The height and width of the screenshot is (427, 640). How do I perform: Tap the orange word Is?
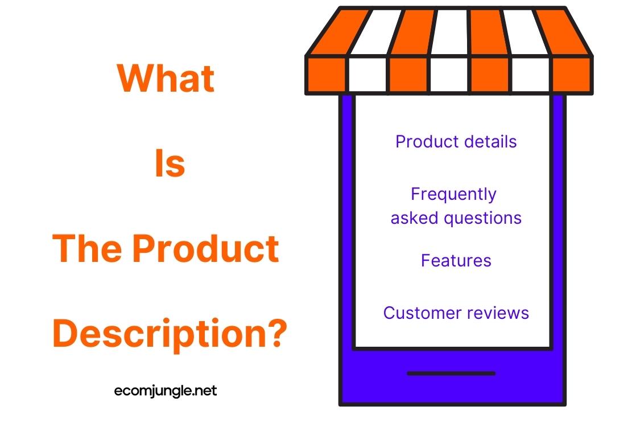pos(170,163)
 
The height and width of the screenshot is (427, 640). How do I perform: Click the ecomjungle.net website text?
pos(166,391)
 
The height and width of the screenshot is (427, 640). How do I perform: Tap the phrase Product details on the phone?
pos(456,141)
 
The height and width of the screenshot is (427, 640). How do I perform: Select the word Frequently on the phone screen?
pos(453,195)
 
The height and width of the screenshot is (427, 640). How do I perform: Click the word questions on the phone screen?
pos(482,219)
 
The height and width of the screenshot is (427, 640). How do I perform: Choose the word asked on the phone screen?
pos(415,218)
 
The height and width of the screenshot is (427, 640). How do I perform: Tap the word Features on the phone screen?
pos(456,260)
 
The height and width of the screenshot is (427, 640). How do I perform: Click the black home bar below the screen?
pos(451,373)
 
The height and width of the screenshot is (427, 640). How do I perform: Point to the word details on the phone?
pos(490,141)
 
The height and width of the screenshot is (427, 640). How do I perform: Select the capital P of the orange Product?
pos(143,248)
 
